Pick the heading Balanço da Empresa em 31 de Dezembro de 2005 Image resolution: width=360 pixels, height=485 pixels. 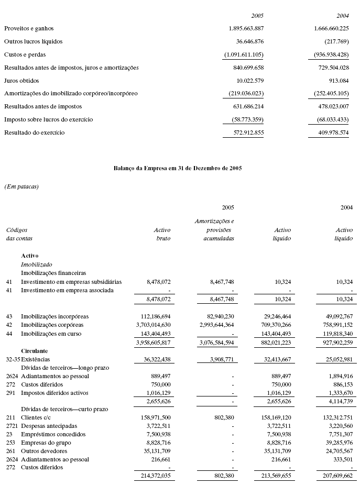coord(178,169)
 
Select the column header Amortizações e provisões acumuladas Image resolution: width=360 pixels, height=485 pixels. coord(214,229)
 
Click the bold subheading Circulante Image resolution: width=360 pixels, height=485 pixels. coord(35,350)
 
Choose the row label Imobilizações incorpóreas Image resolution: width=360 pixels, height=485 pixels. coord(54,316)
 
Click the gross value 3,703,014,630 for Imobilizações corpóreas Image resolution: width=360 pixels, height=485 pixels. coord(152,325)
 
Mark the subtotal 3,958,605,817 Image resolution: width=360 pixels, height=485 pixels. coord(152,343)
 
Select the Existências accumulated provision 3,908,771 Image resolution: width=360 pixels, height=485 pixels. coord(219,359)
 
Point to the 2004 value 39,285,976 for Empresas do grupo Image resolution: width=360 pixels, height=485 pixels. coord(335,443)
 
